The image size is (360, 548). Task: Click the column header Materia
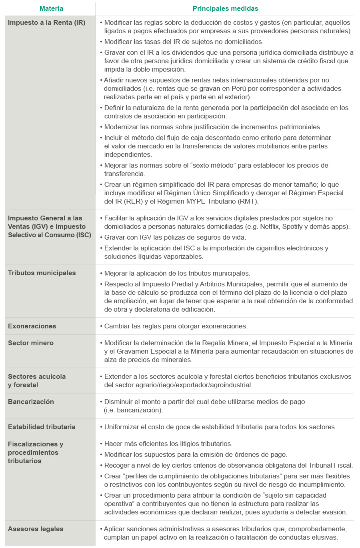pyautogui.click(x=51, y=8)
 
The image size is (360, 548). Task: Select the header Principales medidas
pyautogui.click(x=225, y=8)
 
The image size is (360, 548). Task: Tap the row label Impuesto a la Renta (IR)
pyautogui.click(x=46, y=22)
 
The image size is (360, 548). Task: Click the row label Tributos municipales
pyautogui.click(x=42, y=273)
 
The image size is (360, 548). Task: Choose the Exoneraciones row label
pyautogui.click(x=32, y=326)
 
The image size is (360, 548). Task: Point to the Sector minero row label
pyautogui.click(x=30, y=343)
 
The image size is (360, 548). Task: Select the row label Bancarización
pyautogui.click(x=31, y=402)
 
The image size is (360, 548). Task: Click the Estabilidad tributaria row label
pyautogui.click(x=42, y=427)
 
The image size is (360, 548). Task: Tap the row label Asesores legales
pyautogui.click(x=36, y=529)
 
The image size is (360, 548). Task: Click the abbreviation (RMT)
pyautogui.click(x=248, y=201)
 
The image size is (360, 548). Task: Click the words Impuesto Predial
pyautogui.click(x=158, y=284)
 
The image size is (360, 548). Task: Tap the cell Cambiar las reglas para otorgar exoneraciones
pyautogui.click(x=176, y=326)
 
